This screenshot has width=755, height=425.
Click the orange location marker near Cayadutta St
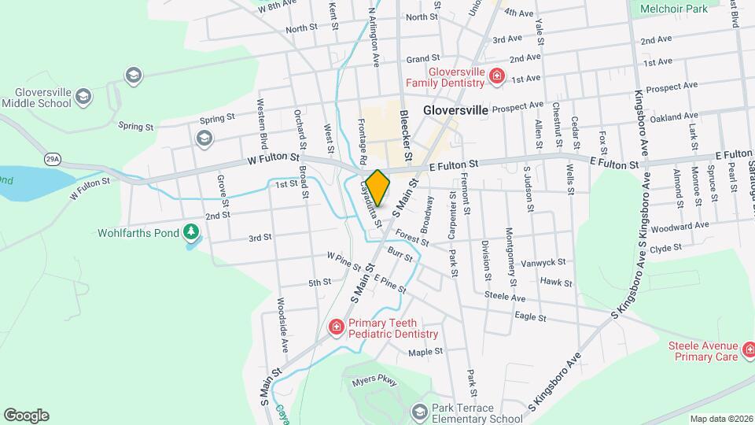(x=377, y=188)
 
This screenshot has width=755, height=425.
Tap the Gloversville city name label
(x=455, y=110)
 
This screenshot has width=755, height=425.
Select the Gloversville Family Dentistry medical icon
(x=496, y=76)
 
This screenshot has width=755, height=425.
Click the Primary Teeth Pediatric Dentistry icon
(x=336, y=327)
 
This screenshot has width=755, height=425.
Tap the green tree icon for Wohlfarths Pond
(x=190, y=232)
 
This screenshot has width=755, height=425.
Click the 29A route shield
(x=53, y=158)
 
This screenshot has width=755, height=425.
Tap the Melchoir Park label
(x=674, y=8)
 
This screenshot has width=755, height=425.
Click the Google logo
(x=26, y=415)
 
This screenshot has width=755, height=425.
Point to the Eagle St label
(x=530, y=317)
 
